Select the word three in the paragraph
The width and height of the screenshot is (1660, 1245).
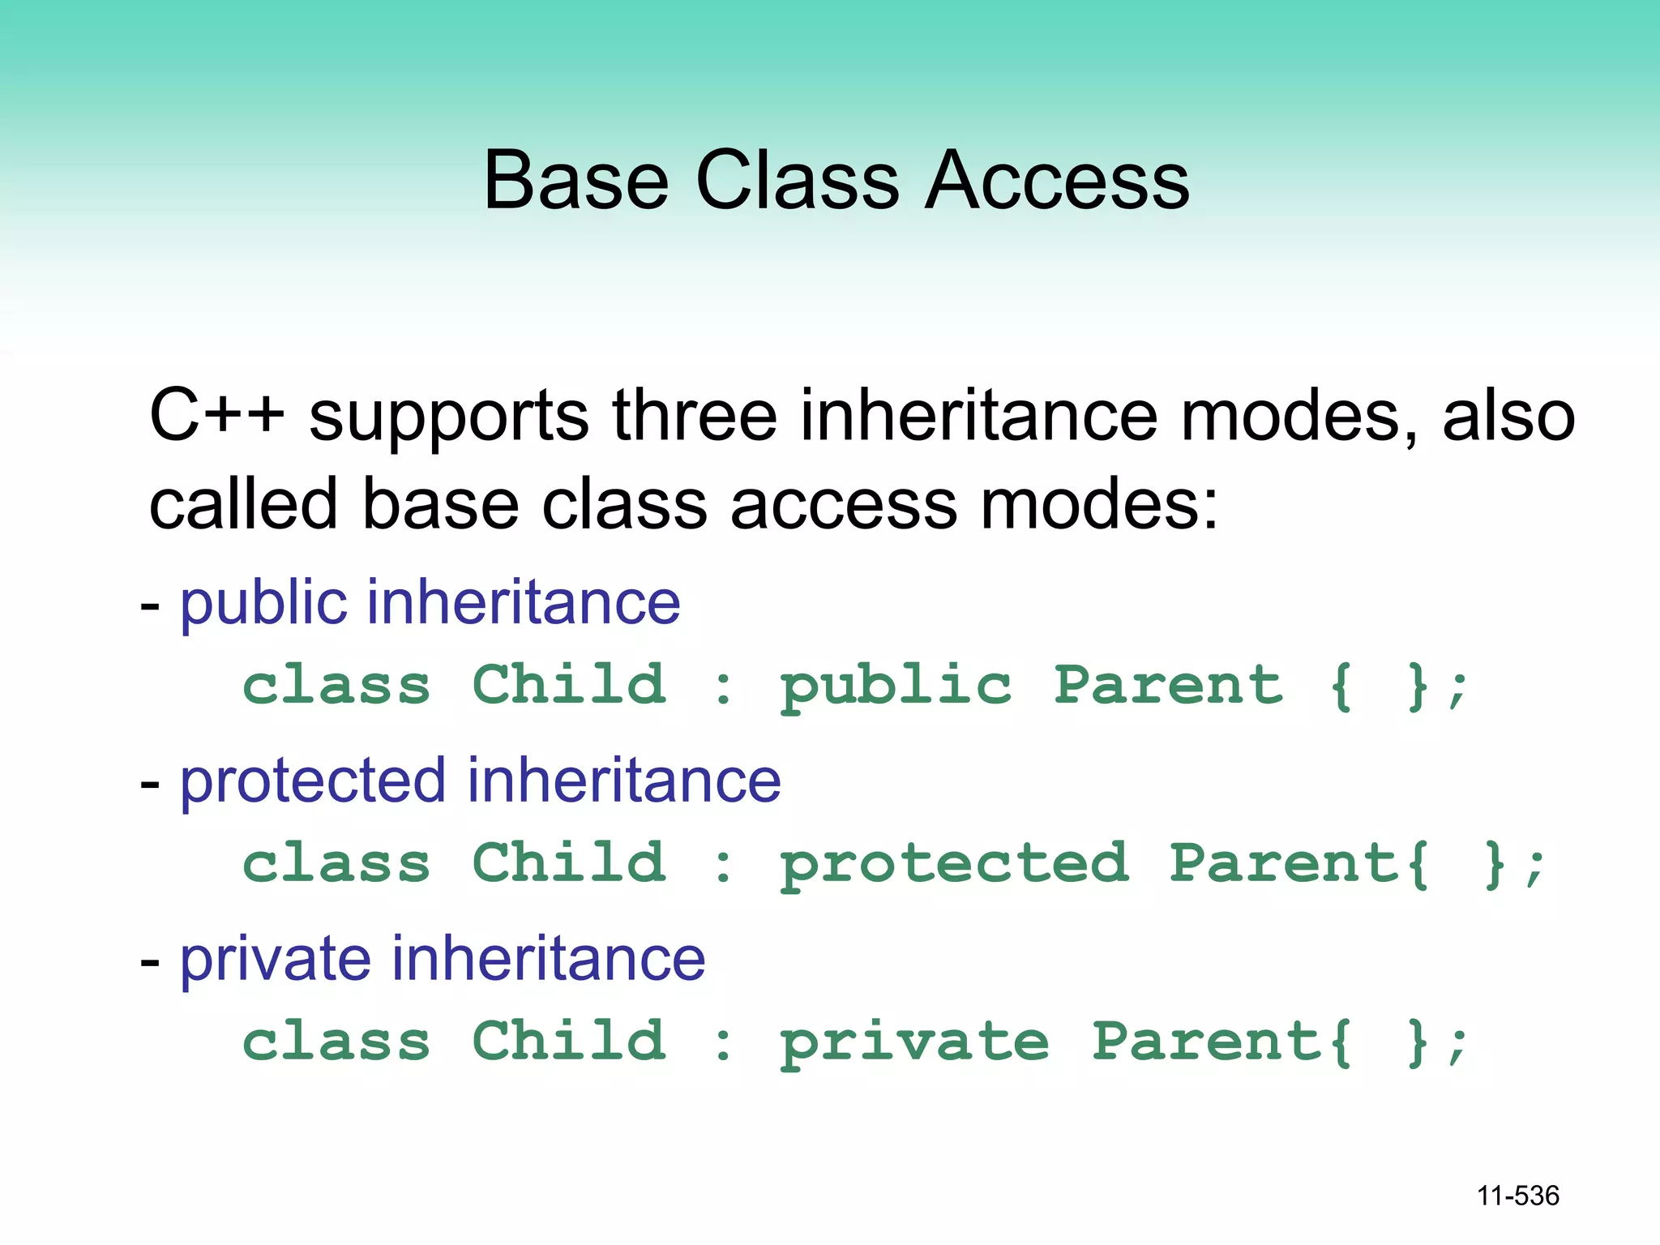[695, 415]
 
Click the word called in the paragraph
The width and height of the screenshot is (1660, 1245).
[242, 504]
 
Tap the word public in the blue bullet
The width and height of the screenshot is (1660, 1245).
[263, 605]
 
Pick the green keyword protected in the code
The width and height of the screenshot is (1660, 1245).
[954, 865]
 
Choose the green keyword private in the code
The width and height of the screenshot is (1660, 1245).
[914, 1043]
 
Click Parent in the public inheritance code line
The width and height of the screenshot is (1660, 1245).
[1168, 685]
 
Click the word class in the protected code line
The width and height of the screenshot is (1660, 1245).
[336, 863]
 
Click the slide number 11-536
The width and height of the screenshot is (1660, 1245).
[1517, 1196]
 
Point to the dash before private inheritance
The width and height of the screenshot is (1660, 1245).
[150, 962]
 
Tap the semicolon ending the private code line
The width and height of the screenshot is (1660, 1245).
[1457, 1046]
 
